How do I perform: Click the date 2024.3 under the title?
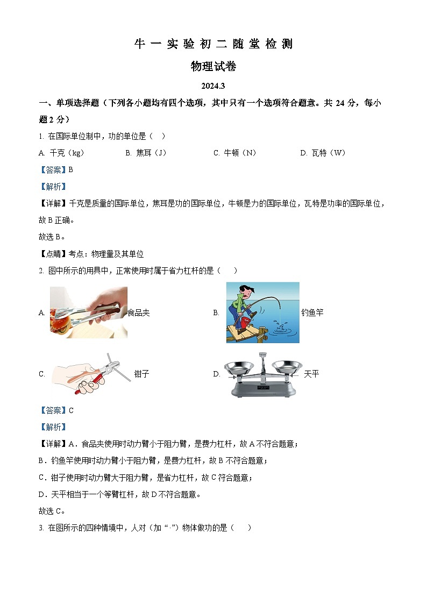pos(213,86)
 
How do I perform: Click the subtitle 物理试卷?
pos(213,67)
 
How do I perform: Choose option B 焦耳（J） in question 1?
pos(146,153)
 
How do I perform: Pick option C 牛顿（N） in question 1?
pos(234,153)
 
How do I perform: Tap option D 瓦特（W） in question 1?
pos(323,153)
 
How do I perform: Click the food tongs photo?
pos(89,312)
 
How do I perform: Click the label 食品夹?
pos(139,312)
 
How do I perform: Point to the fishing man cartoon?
pos(262,312)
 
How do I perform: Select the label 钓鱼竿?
pos(312,312)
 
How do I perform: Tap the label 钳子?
pos(141,374)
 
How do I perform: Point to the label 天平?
pos(311,374)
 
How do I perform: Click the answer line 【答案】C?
pos(56,410)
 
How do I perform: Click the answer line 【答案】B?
pos(56,169)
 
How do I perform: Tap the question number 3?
pos(41,528)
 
